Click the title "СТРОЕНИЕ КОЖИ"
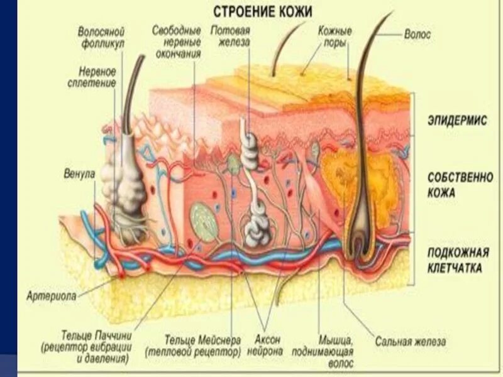point(262,11)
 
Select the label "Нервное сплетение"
point(97,77)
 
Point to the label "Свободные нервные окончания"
point(177,42)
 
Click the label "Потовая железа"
point(231,36)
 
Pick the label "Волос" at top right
point(417,35)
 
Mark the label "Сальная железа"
point(411,342)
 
